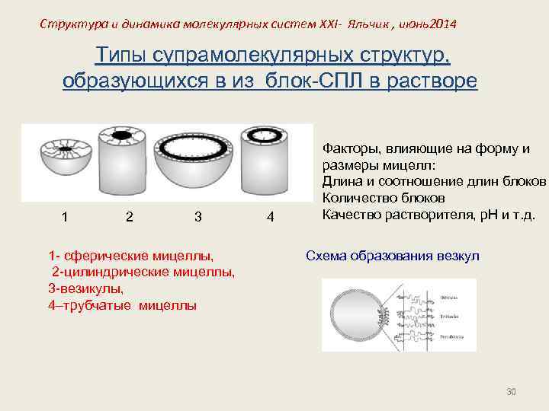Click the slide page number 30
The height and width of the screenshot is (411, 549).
coord(512,391)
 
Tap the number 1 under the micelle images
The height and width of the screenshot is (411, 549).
coord(66,216)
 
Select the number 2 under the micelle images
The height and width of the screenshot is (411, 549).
coord(130,216)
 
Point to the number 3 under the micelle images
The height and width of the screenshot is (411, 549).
coord(197,216)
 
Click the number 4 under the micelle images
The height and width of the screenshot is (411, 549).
coord(270,216)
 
